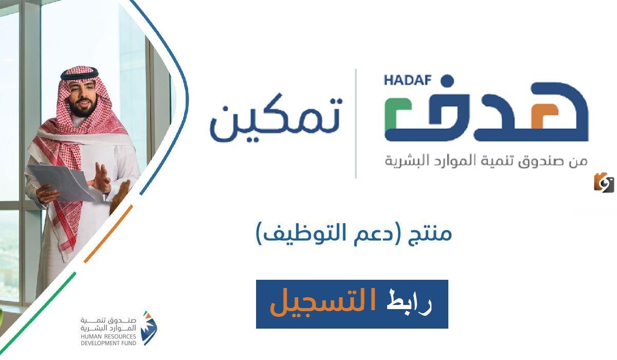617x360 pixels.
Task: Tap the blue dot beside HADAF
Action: tap(447, 81)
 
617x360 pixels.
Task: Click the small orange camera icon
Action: tap(604, 182)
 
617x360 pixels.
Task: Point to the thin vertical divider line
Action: tap(356, 123)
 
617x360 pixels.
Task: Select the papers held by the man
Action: tap(59, 180)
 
